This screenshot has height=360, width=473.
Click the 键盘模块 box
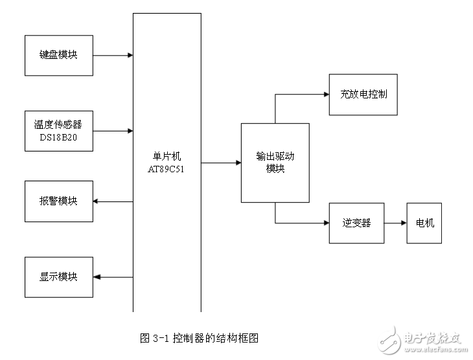[58, 56]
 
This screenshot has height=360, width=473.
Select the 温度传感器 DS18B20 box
[58, 131]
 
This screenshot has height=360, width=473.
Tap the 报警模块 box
[58, 201]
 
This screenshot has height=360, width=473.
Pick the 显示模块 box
[58, 277]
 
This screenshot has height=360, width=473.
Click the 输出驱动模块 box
[275, 163]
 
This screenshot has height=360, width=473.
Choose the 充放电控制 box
[363, 95]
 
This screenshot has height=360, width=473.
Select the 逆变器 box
[356, 223]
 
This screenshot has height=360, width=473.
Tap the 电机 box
[424, 223]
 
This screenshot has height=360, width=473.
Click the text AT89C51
[167, 169]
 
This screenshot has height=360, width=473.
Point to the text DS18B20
[58, 137]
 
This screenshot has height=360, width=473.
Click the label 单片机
[167, 156]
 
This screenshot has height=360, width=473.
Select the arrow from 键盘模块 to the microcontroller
[113, 56]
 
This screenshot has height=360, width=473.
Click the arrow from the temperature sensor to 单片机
[113, 131]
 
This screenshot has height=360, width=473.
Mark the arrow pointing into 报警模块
[113, 201]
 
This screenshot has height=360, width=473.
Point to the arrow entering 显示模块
[113, 277]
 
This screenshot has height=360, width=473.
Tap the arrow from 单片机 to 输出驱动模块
[221, 163]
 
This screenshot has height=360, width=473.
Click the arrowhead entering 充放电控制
[325, 95]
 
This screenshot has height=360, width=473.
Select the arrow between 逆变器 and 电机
[395, 223]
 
